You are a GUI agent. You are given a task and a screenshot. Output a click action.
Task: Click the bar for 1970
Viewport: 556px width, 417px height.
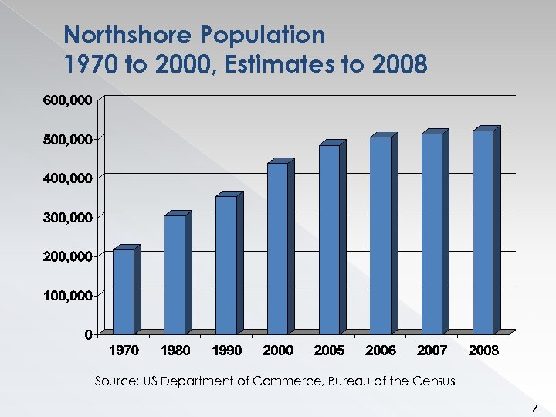click(124, 291)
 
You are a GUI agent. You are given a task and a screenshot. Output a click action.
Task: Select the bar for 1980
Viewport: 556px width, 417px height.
click(175, 274)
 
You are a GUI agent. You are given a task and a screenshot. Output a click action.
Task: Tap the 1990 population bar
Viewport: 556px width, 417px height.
click(226, 265)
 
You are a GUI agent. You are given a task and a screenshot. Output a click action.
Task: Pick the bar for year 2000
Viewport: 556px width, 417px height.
click(278, 248)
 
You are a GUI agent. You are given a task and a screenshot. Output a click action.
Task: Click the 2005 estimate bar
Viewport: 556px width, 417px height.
click(330, 239)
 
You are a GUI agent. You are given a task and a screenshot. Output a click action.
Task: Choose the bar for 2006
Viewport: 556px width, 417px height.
click(381, 235)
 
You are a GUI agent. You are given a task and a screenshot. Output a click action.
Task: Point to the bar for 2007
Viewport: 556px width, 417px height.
click(432, 233)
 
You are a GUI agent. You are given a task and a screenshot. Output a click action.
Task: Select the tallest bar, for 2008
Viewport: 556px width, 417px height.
click(483, 232)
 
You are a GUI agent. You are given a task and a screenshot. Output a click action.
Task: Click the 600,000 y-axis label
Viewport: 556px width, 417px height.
click(66, 100)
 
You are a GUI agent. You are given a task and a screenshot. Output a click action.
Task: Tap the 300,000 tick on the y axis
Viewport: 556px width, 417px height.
click(66, 217)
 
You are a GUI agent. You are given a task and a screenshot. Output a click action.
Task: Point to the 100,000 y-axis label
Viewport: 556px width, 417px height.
click(66, 295)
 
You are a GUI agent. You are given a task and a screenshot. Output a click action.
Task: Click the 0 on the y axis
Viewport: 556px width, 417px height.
click(89, 334)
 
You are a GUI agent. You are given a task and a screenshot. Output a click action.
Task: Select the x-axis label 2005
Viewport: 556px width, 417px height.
click(330, 351)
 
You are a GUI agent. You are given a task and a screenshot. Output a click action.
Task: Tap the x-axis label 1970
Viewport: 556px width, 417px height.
click(124, 351)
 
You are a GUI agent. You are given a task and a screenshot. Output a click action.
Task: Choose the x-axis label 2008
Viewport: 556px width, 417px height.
click(484, 351)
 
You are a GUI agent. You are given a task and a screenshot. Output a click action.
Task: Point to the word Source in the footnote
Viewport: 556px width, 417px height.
click(114, 381)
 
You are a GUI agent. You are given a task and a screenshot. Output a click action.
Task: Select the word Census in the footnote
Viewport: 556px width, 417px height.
click(432, 381)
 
